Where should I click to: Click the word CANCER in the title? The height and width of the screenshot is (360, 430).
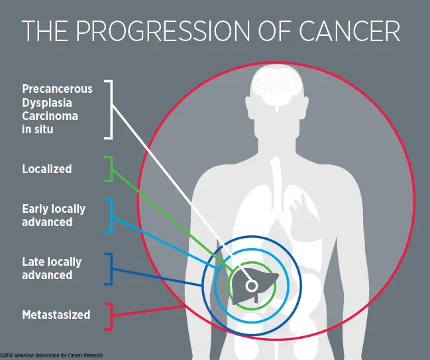[349, 30]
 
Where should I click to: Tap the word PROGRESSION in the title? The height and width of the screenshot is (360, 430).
[163, 30]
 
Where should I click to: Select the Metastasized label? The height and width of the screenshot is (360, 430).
[56, 315]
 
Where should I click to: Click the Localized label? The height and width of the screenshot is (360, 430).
[47, 169]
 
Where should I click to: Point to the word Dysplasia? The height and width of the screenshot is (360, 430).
[47, 103]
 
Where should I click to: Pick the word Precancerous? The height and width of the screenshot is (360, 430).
[58, 89]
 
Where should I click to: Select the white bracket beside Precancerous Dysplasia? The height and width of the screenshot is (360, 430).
[109, 110]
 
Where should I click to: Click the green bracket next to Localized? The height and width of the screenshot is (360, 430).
[109, 169]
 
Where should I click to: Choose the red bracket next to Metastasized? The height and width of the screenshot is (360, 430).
[109, 316]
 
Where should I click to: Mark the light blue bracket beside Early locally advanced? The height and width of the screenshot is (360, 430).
[109, 215]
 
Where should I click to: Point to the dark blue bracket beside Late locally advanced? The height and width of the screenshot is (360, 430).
[109, 269]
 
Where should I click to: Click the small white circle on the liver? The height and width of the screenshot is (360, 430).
[251, 286]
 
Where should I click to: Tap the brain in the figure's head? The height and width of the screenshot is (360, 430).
[277, 88]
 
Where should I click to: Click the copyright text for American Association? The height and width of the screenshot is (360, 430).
[52, 355]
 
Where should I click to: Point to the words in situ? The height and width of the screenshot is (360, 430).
[38, 129]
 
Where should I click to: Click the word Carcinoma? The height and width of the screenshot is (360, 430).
[50, 116]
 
